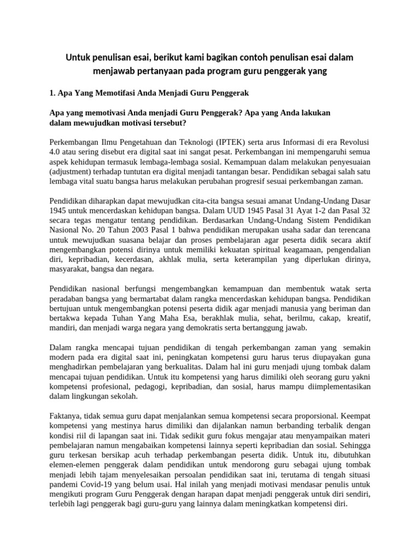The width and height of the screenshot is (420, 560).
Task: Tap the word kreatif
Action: [358, 318]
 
